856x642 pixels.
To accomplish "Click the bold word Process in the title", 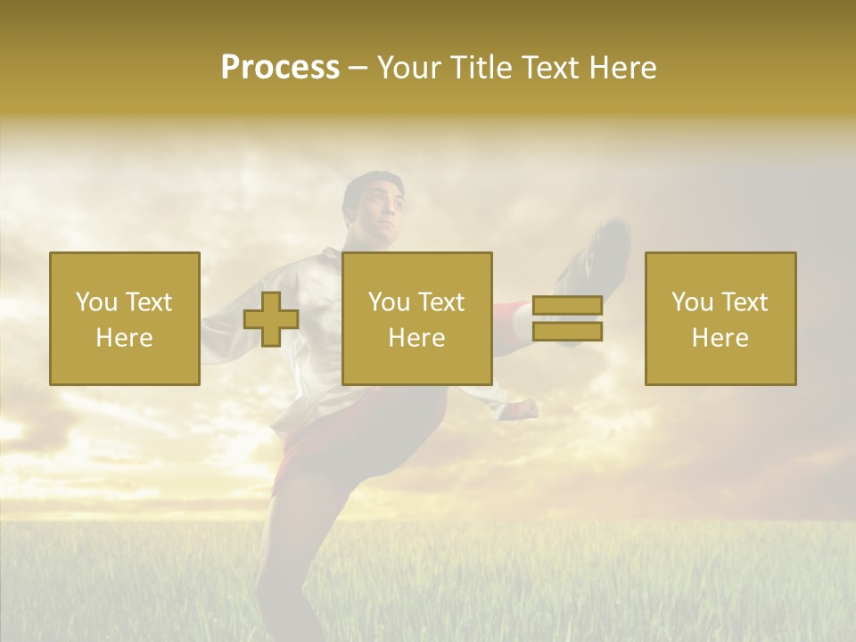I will (x=280, y=68).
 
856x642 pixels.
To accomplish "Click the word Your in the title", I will (x=407, y=68).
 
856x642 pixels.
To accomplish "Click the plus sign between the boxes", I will (x=271, y=319).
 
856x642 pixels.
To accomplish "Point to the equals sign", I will (x=567, y=319).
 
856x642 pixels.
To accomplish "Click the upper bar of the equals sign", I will (x=567, y=306).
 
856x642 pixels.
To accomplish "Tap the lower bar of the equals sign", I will (x=567, y=332).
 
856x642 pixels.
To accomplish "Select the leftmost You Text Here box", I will (x=125, y=318).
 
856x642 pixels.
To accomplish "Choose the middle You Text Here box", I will (x=416, y=318).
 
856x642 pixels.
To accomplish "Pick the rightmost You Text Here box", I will (x=720, y=318).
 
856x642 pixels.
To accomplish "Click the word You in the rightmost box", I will (x=691, y=302).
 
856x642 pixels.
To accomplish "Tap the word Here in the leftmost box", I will (x=125, y=338).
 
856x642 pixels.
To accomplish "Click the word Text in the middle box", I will (x=440, y=302).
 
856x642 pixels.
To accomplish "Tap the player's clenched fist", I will (x=522, y=409).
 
